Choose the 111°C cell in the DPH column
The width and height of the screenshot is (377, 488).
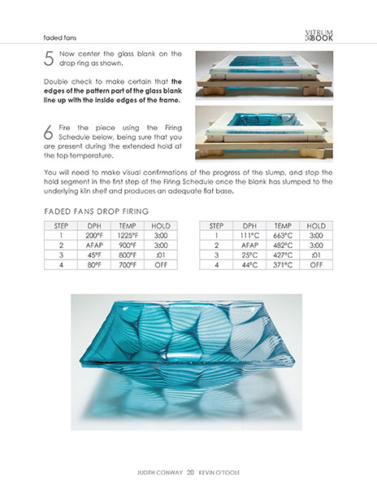click(249, 233)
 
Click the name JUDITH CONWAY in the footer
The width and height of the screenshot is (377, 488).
click(159, 471)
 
